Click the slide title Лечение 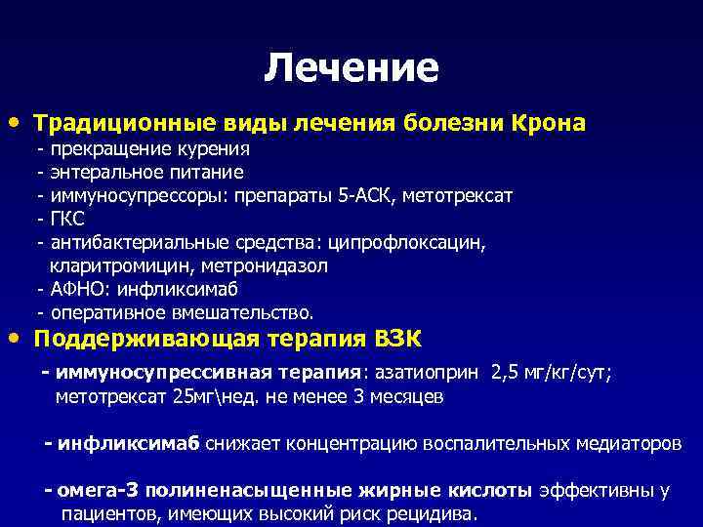click(351, 67)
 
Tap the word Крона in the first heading click(546, 124)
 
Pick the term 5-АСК click(356, 196)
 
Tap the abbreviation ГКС click(67, 220)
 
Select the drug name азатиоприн click(428, 373)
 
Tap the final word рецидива click(437, 514)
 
